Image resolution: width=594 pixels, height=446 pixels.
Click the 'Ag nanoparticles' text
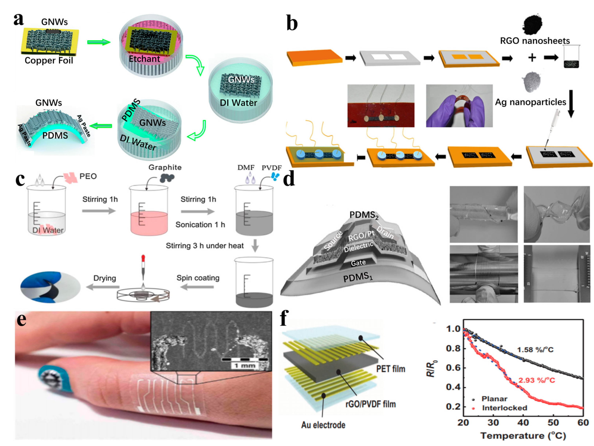530,102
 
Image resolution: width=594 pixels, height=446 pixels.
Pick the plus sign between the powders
532,58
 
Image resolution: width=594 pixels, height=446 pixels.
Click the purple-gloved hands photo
459,106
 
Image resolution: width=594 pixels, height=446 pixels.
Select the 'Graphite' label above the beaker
165,167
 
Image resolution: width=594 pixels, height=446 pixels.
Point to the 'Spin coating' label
198,278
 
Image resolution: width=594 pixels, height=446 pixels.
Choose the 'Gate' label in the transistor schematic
358,263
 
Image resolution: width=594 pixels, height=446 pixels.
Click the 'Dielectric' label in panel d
358,247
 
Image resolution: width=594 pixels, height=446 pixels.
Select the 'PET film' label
391,369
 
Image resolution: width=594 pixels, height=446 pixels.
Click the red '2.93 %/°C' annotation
536,380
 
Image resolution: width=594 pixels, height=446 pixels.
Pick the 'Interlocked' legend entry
504,408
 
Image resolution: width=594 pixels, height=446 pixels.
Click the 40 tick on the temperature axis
523,423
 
